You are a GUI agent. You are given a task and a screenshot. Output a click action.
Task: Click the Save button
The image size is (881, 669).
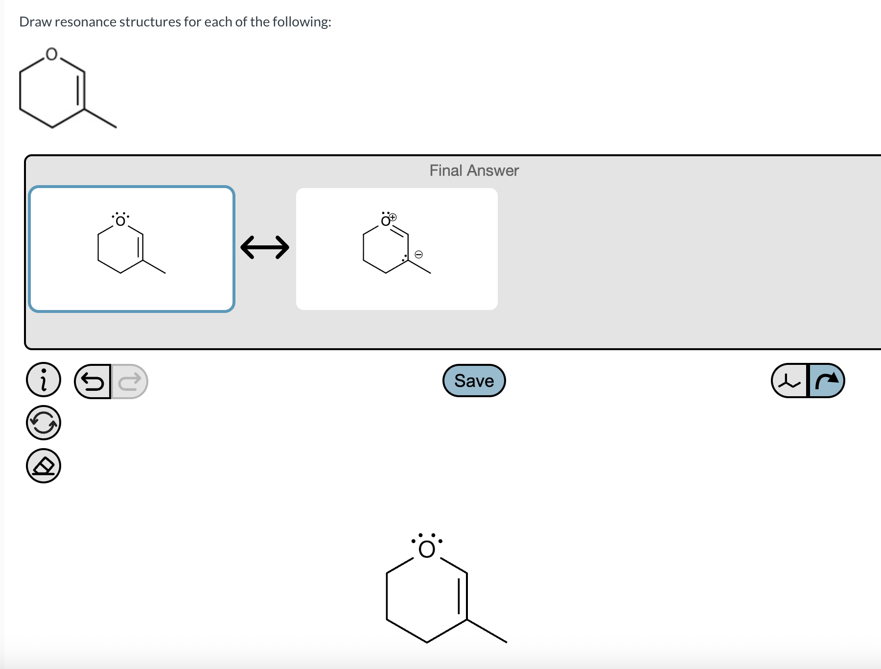pyautogui.click(x=474, y=381)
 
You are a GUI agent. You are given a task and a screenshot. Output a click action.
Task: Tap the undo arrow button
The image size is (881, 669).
pyautogui.click(x=93, y=381)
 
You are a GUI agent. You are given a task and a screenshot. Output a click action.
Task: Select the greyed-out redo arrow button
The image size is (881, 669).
pyautogui.click(x=130, y=381)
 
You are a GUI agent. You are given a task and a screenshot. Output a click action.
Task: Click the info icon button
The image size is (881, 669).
pyautogui.click(x=44, y=380)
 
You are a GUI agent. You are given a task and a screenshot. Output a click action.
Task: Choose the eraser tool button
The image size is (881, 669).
pyautogui.click(x=44, y=466)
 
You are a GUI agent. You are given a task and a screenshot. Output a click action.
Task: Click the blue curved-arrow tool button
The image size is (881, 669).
pyautogui.click(x=827, y=381)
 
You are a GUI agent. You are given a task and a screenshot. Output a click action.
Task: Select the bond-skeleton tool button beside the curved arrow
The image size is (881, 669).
pyautogui.click(x=789, y=381)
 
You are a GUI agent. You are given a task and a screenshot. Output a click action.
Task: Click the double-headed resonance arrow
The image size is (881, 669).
pyautogui.click(x=265, y=247)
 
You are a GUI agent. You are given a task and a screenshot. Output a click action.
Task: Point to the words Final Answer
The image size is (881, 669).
pyautogui.click(x=474, y=170)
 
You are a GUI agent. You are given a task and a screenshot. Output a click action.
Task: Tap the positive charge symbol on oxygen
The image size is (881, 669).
pyautogui.click(x=393, y=216)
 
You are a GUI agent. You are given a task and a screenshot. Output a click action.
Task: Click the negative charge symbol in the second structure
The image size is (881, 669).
pyautogui.click(x=418, y=254)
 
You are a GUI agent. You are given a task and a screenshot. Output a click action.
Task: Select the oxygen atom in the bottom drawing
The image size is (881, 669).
pyautogui.click(x=427, y=550)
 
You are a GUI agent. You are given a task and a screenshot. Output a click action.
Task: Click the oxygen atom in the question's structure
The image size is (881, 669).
pyautogui.click(x=51, y=54)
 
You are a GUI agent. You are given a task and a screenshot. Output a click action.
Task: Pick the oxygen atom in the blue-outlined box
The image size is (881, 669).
pyautogui.click(x=120, y=221)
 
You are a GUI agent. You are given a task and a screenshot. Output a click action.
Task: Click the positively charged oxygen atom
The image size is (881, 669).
pyautogui.click(x=385, y=222)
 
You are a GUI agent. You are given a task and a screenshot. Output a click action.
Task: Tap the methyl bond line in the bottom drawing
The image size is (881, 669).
pyautogui.click(x=487, y=631)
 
